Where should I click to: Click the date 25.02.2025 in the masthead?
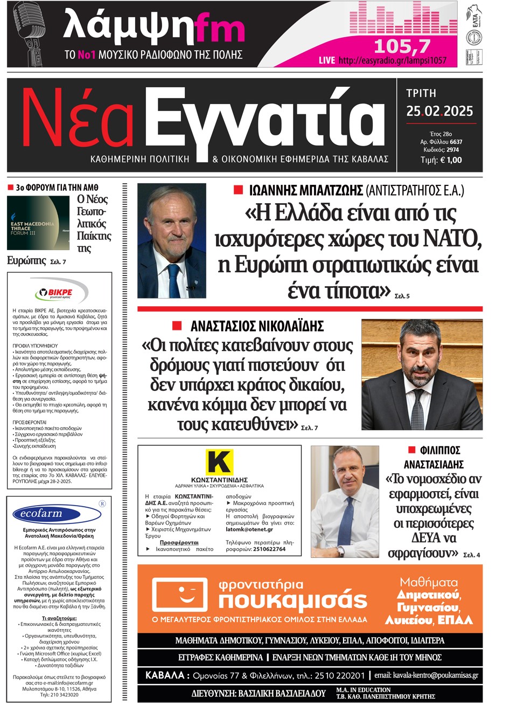(x=439, y=111)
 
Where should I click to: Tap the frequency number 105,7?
(x=402, y=46)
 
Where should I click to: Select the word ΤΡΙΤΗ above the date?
(x=421, y=93)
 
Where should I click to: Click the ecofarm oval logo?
(x=42, y=514)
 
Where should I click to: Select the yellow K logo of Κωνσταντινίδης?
(x=219, y=463)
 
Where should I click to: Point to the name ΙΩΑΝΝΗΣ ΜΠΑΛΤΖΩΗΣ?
(x=306, y=190)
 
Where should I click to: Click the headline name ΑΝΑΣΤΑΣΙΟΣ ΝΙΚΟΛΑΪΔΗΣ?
(x=257, y=326)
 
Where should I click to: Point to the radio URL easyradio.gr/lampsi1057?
(x=392, y=60)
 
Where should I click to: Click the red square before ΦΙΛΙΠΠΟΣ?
(x=411, y=450)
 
